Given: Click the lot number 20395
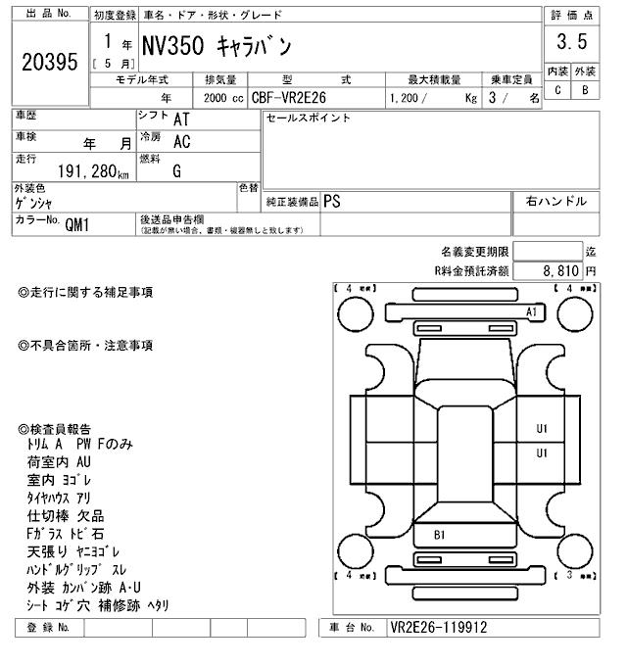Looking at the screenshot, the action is (x=48, y=62).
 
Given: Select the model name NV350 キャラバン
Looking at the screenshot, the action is (x=222, y=46).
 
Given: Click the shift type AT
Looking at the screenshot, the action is (x=181, y=119).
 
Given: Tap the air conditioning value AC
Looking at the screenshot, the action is (x=181, y=142).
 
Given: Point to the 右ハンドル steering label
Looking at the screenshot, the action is (x=556, y=201).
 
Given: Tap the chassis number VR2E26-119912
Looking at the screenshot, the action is (x=438, y=627).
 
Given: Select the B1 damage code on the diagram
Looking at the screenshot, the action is (x=440, y=535).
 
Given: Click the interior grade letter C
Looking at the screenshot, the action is (x=556, y=90).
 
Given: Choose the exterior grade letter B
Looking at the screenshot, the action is (x=585, y=90).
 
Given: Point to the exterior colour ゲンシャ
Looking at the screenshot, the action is (x=37, y=203).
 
